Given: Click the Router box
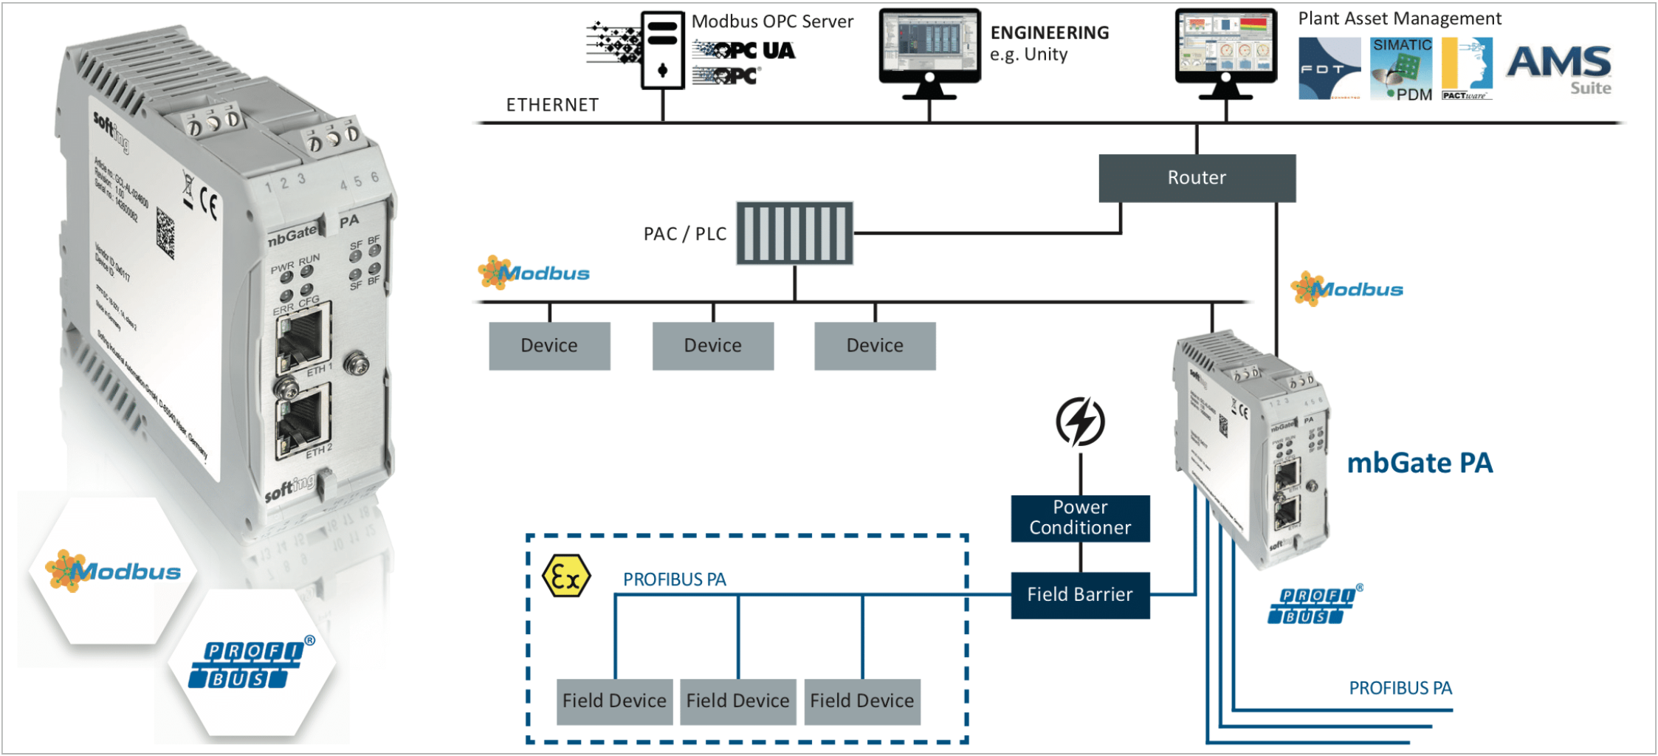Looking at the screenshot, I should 1197,178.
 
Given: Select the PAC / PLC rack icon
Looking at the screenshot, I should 794,233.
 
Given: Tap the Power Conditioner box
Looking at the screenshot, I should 1080,518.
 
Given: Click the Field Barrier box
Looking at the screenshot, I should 1080,595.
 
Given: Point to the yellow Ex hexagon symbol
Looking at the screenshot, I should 566,577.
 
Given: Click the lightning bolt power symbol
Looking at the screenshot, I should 1080,422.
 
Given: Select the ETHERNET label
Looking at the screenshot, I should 552,105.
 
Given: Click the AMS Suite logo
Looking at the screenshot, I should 1559,68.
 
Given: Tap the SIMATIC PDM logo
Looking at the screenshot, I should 1401,69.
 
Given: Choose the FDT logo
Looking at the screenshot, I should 1329,69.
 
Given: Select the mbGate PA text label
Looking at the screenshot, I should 1420,464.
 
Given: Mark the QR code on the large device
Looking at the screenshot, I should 166,233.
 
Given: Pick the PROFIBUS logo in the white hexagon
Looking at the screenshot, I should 251,664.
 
